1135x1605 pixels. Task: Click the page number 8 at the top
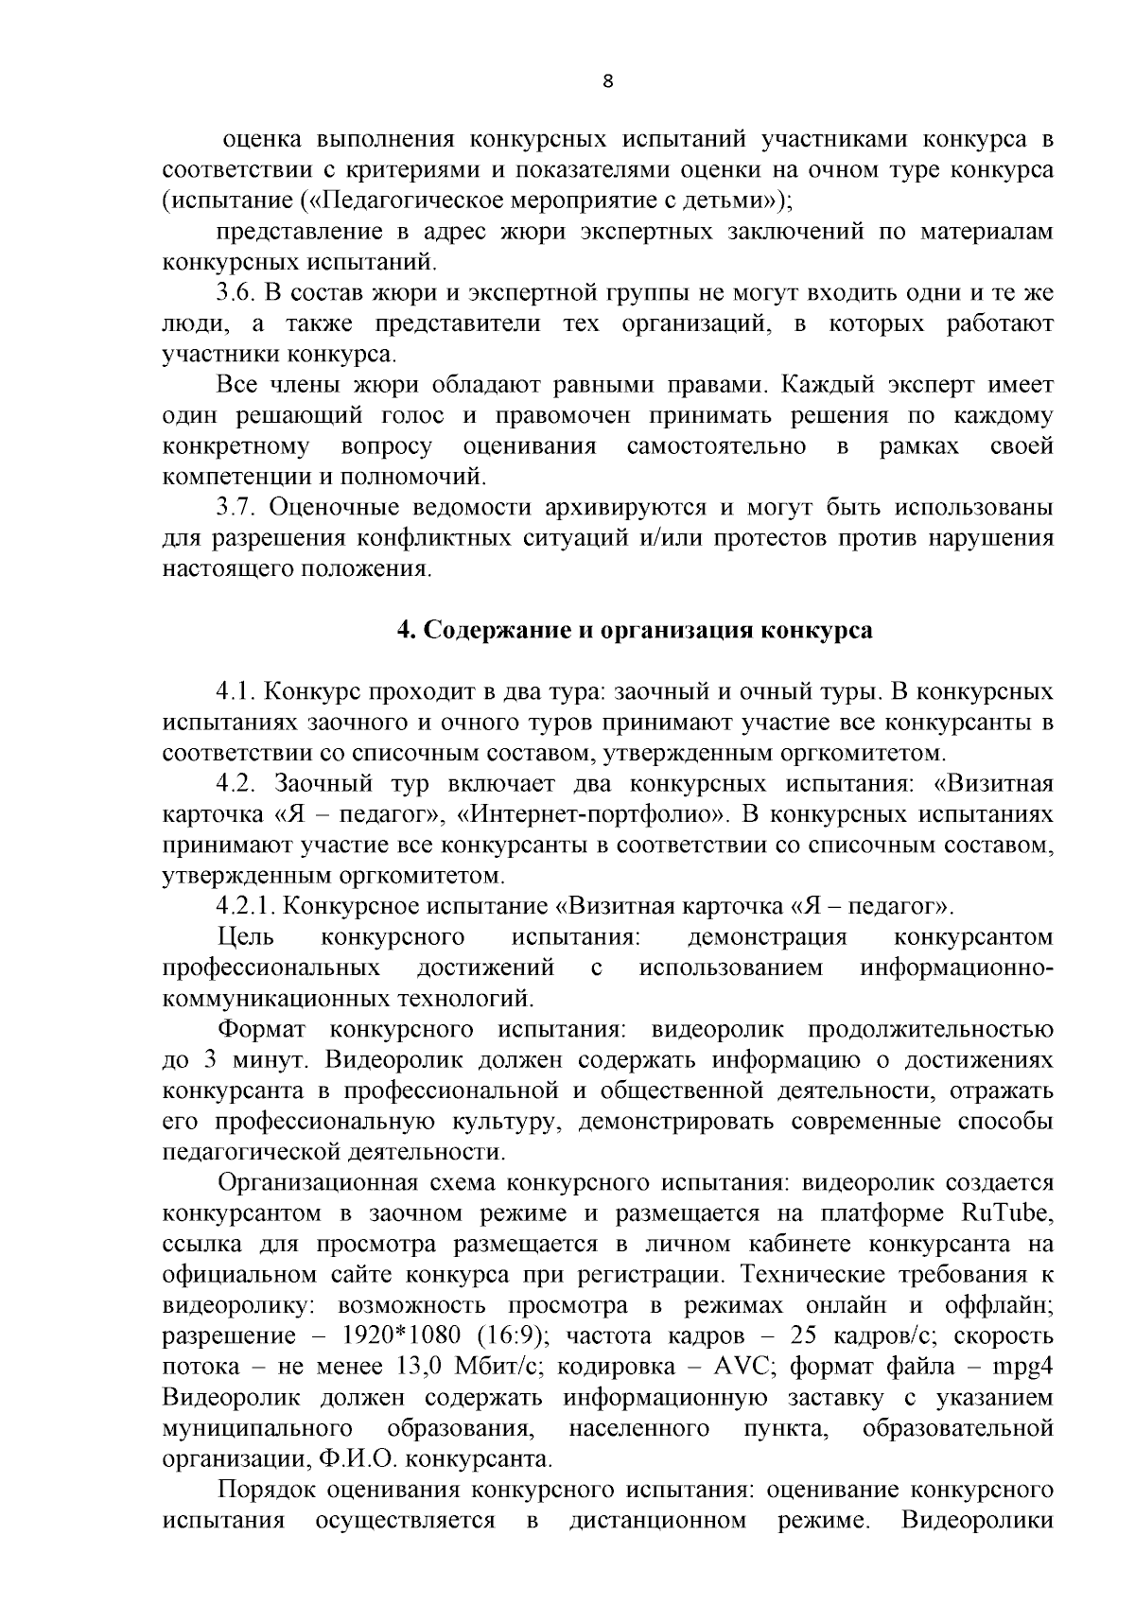tap(608, 81)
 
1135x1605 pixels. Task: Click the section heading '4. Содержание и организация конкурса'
tap(634, 631)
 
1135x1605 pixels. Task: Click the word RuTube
tap(1006, 1213)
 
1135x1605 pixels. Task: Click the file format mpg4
tap(1022, 1368)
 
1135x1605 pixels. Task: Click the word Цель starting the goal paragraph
tap(246, 937)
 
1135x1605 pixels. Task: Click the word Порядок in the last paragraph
tap(266, 1491)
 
